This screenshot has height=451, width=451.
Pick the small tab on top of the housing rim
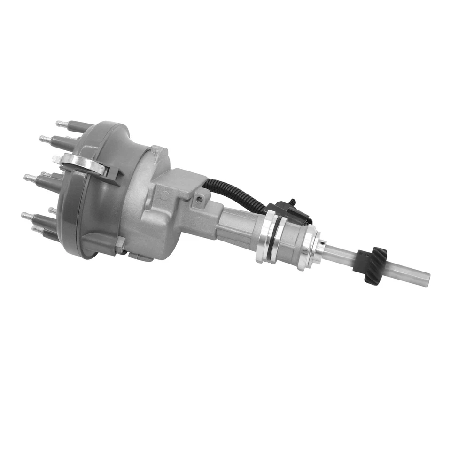(x=157, y=150)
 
